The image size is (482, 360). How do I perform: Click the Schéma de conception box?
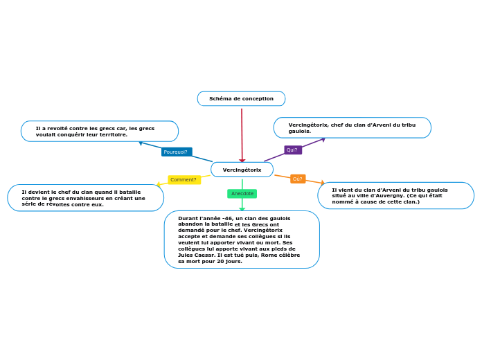pyautogui.click(x=241, y=99)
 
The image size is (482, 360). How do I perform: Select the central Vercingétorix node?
pyautogui.click(x=242, y=170)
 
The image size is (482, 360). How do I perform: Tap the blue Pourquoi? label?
pyautogui.click(x=176, y=152)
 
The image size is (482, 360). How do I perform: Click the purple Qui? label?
pyautogui.click(x=292, y=150)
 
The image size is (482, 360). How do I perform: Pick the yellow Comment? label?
pyautogui.click(x=184, y=180)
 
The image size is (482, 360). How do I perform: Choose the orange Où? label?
pyautogui.click(x=298, y=179)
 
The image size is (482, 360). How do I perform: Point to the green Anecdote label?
pyautogui.click(x=242, y=194)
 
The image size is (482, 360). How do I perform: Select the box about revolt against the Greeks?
pyautogui.click(x=99, y=132)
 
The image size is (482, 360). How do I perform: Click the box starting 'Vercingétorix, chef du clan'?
pyautogui.click(x=352, y=127)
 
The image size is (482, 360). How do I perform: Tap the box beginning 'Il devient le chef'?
pyautogui.click(x=85, y=198)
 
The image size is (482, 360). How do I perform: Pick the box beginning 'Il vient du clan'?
pyautogui.click(x=395, y=196)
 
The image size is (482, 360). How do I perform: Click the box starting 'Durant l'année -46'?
pyautogui.click(x=242, y=240)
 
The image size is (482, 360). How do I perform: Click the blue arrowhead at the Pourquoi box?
pyautogui.click(x=141, y=143)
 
